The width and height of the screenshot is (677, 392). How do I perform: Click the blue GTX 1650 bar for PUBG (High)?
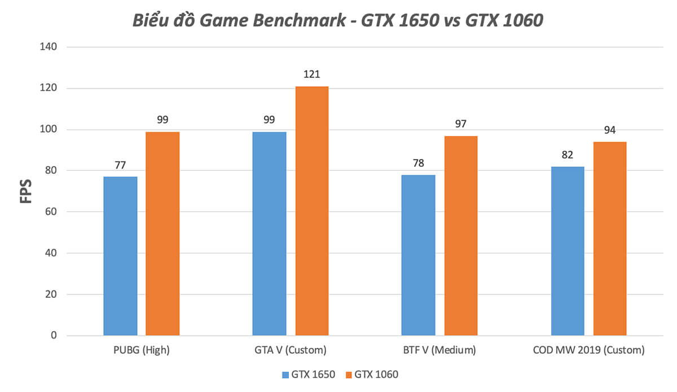coord(120,256)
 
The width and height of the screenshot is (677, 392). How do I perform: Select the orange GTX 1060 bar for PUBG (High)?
coord(162,234)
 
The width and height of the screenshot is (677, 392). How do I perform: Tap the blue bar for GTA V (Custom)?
coord(269,234)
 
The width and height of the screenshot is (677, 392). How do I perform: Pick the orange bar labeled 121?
coord(311,211)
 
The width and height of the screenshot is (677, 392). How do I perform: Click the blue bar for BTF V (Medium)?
coord(418,255)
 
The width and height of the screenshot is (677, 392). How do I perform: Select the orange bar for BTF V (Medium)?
coord(460,236)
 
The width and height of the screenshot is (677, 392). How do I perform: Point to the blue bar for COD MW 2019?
coord(567,251)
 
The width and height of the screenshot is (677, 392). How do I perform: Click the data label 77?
coord(120,165)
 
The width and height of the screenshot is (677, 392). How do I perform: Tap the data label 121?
coord(311,74)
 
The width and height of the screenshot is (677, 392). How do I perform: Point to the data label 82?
coord(567,155)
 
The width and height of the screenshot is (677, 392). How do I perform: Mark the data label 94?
coord(610,130)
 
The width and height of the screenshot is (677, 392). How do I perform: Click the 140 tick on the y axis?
coord(49,47)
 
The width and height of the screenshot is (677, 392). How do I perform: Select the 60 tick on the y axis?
coord(51,212)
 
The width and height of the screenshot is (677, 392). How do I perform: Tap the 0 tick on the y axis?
coord(54,336)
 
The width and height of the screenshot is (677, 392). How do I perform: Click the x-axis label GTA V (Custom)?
coord(290,350)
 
